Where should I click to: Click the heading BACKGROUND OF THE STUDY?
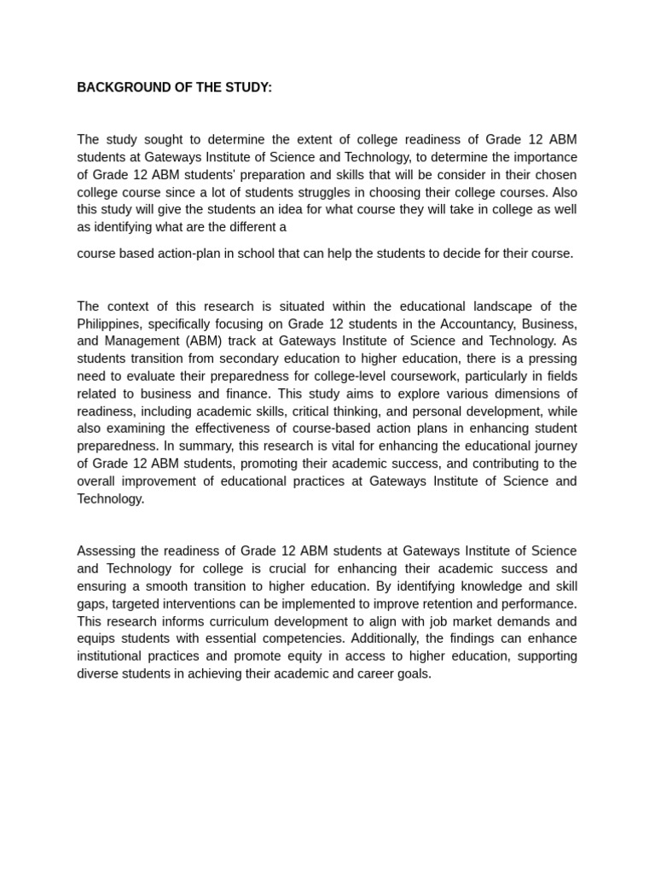coord(174,87)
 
